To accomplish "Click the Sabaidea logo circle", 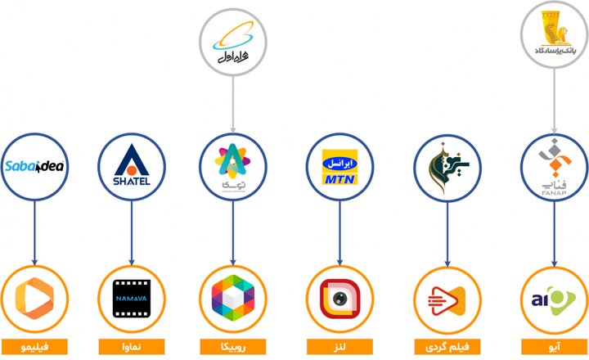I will [x=34, y=168].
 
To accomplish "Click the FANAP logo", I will [x=553, y=168].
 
